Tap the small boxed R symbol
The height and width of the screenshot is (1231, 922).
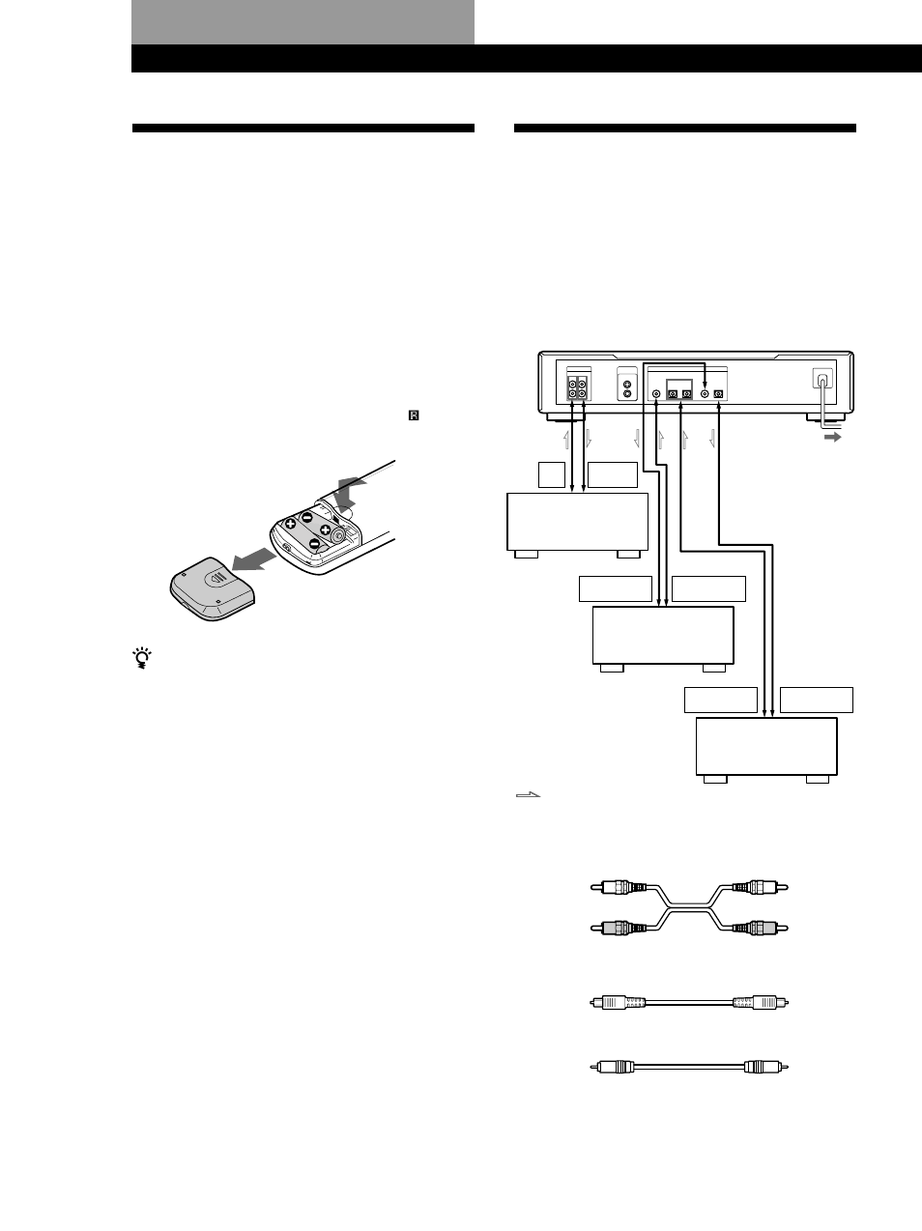click(x=415, y=415)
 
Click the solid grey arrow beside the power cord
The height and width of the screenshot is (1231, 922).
click(x=828, y=437)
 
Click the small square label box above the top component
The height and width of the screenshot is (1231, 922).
click(x=550, y=474)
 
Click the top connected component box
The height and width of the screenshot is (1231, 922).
click(x=577, y=523)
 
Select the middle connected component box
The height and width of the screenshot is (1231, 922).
click(x=662, y=636)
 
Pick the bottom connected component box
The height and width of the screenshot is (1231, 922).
click(x=766, y=746)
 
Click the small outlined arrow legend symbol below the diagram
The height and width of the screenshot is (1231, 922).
click(x=528, y=795)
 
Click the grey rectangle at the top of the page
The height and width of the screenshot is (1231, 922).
click(x=303, y=21)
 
